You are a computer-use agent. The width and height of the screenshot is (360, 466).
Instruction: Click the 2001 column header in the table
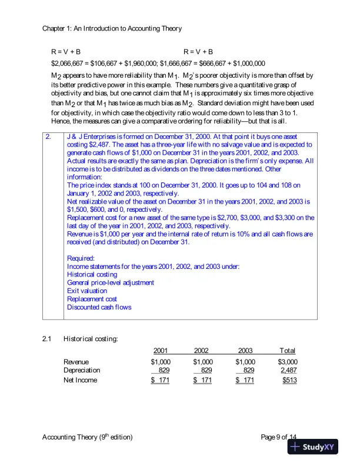[161, 351]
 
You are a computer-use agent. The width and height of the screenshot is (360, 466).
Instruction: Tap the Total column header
[287, 351]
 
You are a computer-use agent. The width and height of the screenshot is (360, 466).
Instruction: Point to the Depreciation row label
[82, 370]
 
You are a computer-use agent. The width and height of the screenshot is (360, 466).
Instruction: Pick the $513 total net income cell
[289, 381]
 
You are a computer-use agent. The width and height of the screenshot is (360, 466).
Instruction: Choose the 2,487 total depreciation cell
[288, 370]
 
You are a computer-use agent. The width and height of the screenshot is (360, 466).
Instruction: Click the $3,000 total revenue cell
[287, 361]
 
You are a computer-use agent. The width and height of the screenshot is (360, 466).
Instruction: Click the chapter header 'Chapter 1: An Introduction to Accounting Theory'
[112, 28]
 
